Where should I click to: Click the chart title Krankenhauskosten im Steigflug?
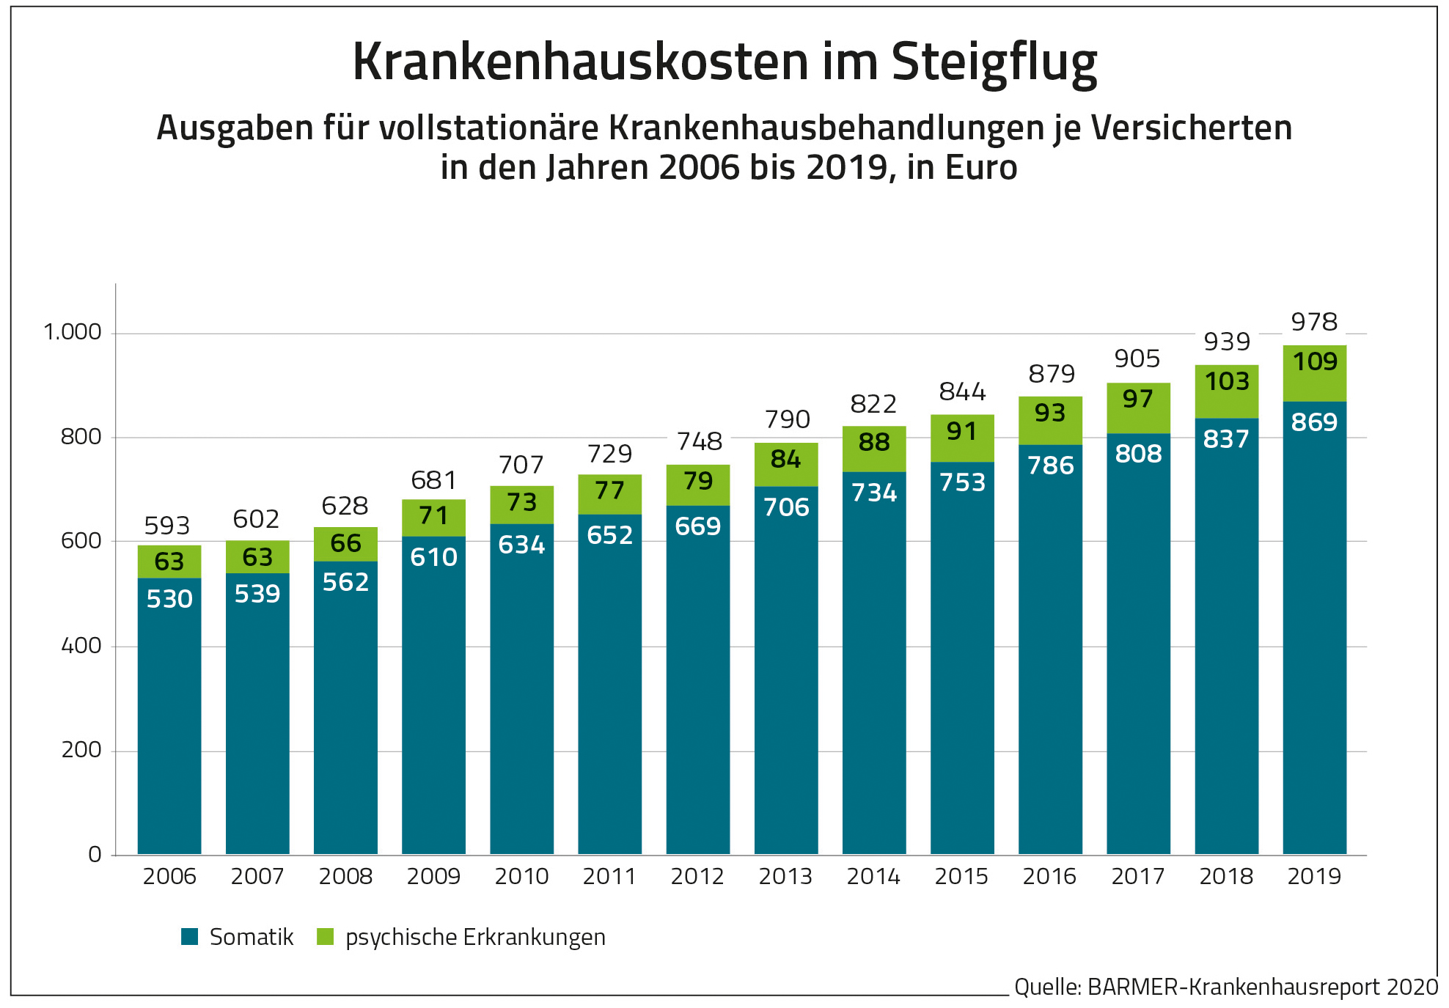724,62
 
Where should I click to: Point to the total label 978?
1314,322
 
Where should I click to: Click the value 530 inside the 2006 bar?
169,599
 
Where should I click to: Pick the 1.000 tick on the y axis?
73,332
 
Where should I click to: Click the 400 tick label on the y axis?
81,646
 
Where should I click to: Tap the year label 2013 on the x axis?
785,876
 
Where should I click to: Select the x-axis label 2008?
345,876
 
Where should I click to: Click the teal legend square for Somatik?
190,936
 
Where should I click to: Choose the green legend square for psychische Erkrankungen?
325,936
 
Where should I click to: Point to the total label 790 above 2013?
787,419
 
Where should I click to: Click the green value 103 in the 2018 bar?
1227,381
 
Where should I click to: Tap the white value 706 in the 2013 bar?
786,507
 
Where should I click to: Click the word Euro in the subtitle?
981,167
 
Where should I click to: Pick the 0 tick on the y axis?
95,854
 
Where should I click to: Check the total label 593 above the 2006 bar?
167,526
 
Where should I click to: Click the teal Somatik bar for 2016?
1050,660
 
